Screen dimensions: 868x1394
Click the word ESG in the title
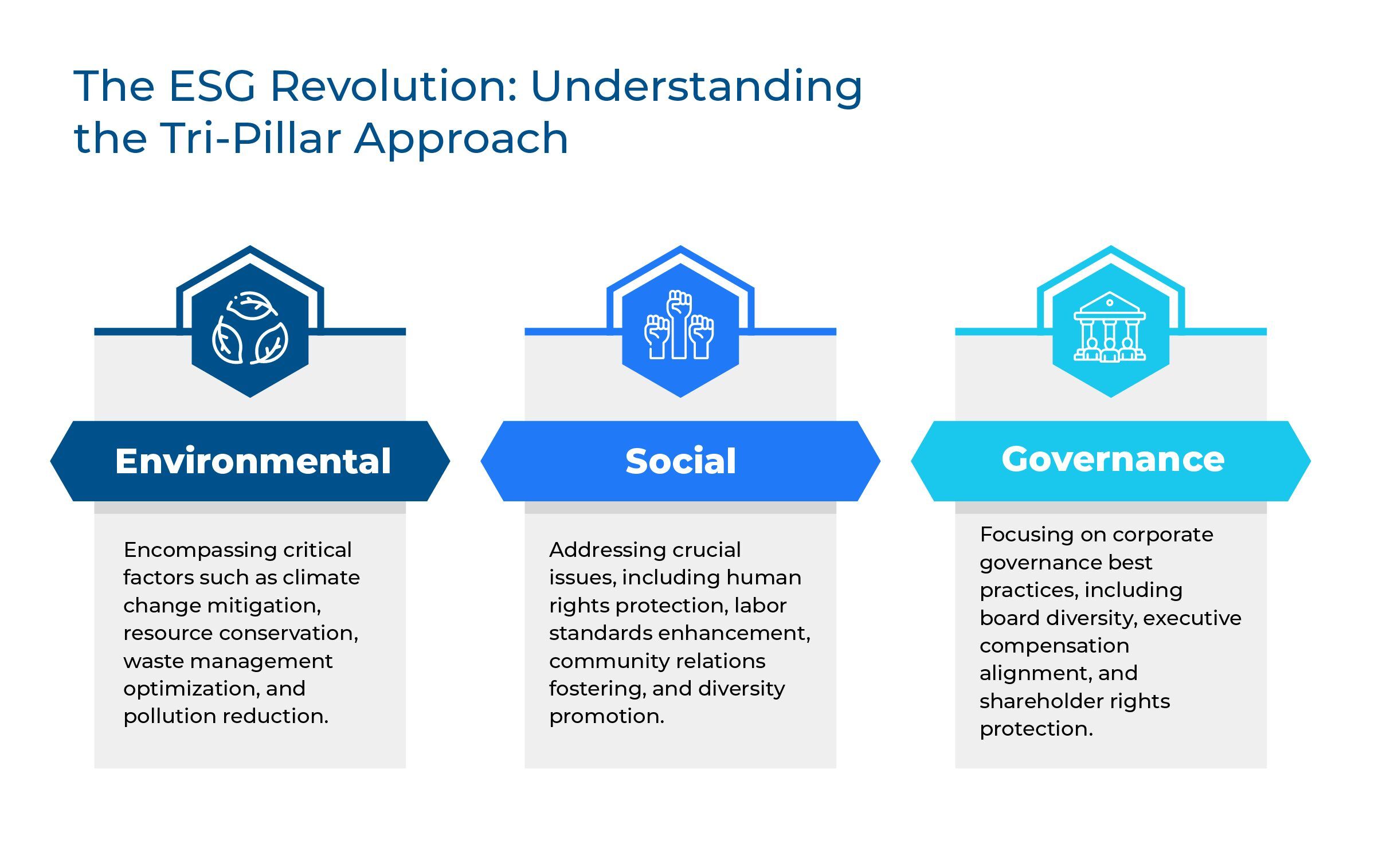click(x=212, y=86)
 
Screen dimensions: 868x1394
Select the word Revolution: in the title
click(x=394, y=86)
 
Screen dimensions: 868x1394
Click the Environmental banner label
click(x=253, y=461)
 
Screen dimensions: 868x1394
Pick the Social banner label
click(x=680, y=461)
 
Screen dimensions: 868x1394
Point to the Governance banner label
click(x=1113, y=459)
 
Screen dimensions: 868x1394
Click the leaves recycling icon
click(x=250, y=329)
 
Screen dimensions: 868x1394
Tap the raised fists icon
click(x=679, y=325)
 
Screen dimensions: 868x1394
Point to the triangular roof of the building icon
click(x=1110, y=303)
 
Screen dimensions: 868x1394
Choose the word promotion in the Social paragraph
click(x=606, y=716)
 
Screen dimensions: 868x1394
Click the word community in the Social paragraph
click(x=608, y=661)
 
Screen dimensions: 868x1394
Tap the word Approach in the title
click(x=461, y=138)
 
